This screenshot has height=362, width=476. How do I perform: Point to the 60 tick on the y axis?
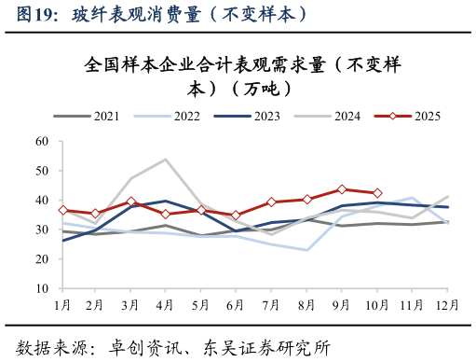(x=42, y=142)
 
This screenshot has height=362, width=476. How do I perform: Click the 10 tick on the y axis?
(x=42, y=289)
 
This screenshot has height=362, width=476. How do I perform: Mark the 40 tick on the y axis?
(x=42, y=201)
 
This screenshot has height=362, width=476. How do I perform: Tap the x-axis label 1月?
(x=62, y=304)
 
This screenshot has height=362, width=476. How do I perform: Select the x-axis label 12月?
(x=447, y=304)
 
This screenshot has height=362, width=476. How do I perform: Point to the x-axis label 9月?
(x=342, y=304)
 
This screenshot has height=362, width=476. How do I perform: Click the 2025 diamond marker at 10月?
(x=377, y=193)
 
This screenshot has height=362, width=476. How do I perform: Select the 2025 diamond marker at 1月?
(x=62, y=211)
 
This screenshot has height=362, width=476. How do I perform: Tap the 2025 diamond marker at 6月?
(x=237, y=216)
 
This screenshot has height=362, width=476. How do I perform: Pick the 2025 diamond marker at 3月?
(x=131, y=202)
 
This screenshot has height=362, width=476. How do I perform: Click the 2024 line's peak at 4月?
(x=166, y=160)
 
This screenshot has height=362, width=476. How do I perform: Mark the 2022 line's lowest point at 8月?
(x=306, y=250)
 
